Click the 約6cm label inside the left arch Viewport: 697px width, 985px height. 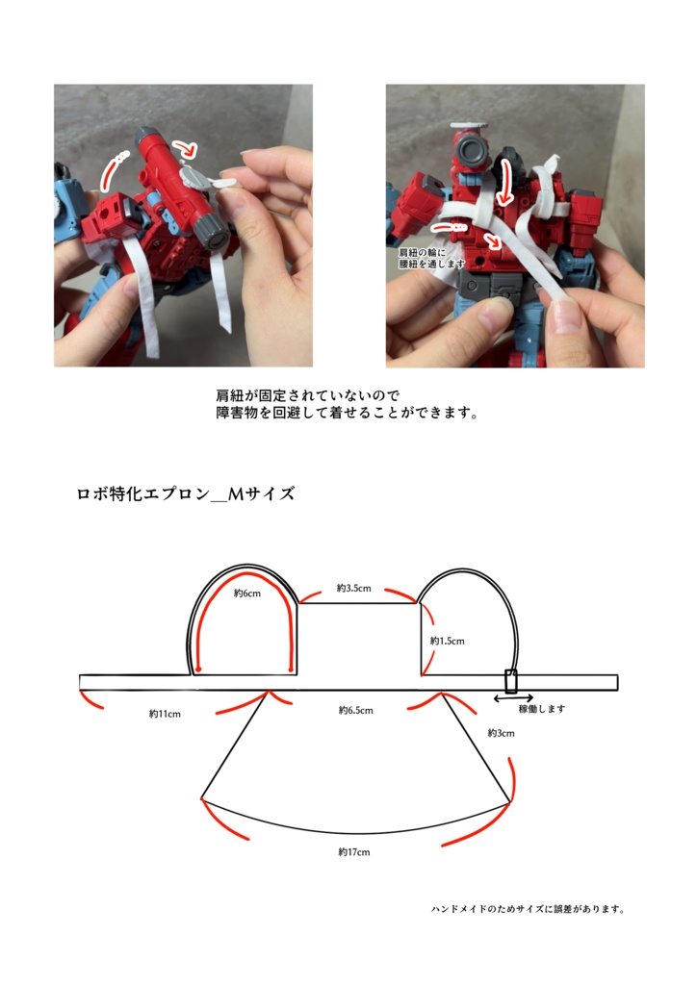[x=247, y=594]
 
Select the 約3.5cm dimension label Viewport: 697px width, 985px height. [x=353, y=587]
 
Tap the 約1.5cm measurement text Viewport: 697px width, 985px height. [x=448, y=641]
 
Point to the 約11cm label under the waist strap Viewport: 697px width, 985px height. [x=165, y=714]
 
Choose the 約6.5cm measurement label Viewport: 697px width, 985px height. [x=355, y=711]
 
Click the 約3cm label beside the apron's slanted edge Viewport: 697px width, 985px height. [x=501, y=733]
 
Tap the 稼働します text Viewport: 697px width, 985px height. [x=541, y=709]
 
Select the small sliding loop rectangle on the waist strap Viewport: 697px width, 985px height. [x=511, y=680]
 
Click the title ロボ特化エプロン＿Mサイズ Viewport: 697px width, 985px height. [x=186, y=494]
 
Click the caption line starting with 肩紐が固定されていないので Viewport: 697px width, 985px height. [x=308, y=395]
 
